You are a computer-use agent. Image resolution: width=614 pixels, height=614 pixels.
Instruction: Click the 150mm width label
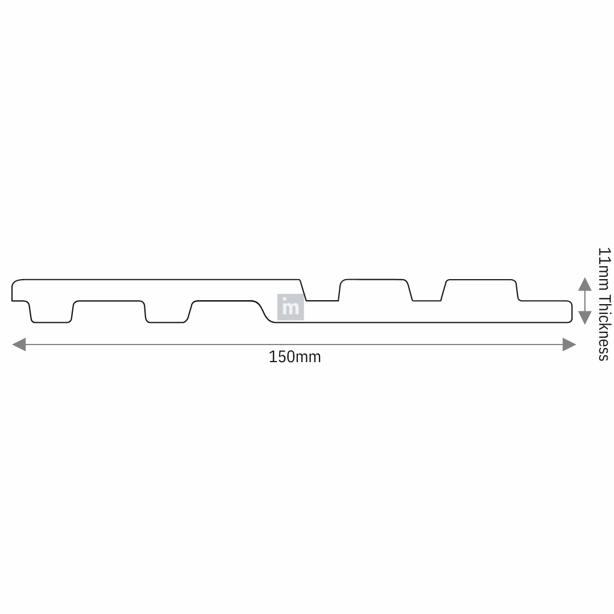[x=294, y=356]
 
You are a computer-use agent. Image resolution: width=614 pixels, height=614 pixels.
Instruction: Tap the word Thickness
[x=603, y=327]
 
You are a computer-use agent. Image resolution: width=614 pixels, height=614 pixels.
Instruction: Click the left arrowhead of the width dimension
[x=19, y=345]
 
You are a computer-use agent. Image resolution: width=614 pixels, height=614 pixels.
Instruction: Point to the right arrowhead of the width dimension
[x=569, y=345]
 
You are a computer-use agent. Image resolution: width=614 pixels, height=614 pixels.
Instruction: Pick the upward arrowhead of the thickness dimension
[x=584, y=284]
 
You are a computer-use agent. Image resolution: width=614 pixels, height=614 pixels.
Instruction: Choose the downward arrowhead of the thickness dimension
[x=584, y=318]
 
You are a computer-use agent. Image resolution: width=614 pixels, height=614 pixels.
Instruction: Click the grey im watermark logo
[x=291, y=307]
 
